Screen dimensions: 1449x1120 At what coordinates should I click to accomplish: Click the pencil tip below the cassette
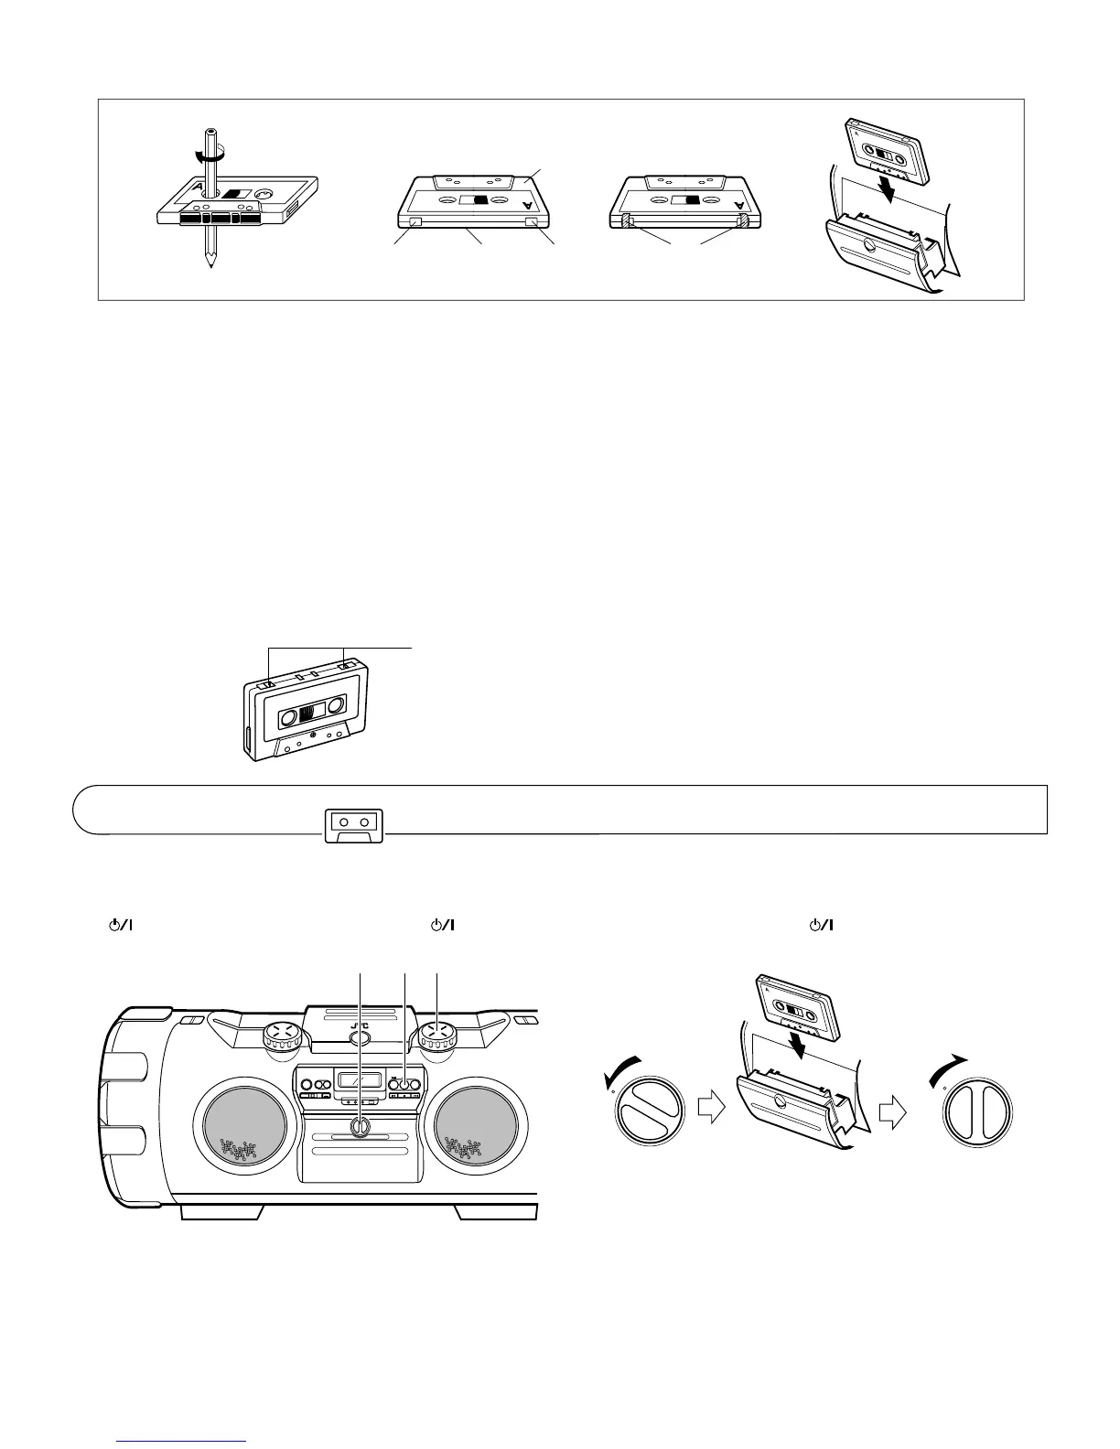[x=211, y=260]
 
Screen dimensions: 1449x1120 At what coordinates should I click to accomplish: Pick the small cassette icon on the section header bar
[x=354, y=823]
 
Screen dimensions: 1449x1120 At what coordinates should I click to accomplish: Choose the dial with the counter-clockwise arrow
[x=651, y=1111]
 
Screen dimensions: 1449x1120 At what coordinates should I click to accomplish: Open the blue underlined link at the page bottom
[x=182, y=1441]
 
